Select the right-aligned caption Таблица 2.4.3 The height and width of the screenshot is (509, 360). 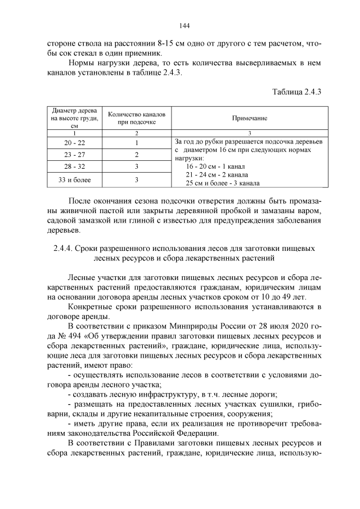(x=296, y=92)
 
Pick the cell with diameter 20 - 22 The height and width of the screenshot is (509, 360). (x=74, y=143)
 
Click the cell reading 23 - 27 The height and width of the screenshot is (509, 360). (x=74, y=155)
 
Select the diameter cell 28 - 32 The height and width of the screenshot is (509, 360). (x=74, y=167)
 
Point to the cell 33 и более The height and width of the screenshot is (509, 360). (x=74, y=180)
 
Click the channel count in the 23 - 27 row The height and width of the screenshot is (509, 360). (x=136, y=155)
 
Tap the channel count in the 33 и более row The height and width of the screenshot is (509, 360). (x=136, y=180)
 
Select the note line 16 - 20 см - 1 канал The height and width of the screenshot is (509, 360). (x=215, y=167)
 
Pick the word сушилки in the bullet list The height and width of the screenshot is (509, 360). (x=286, y=413)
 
